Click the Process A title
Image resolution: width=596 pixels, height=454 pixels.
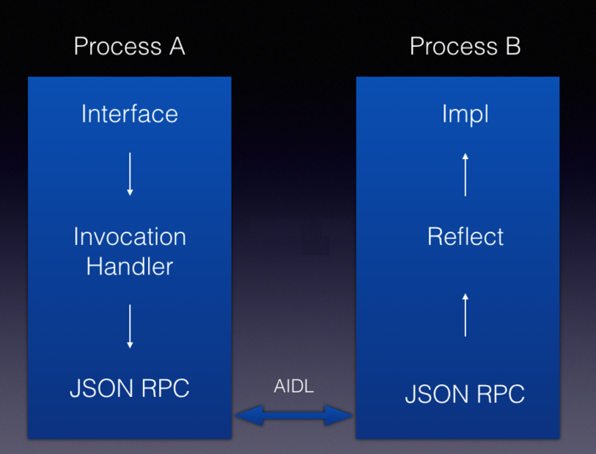129,46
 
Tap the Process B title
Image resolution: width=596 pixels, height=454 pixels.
465,46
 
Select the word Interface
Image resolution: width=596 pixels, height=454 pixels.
129,114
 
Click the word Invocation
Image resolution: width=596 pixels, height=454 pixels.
129,236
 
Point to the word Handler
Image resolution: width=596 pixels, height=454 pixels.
129,266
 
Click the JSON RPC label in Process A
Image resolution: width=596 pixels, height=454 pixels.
129,389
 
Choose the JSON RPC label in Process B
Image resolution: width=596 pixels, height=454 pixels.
465,394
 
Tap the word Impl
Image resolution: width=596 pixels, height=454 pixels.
465,114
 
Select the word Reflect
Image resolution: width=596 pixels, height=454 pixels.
465,236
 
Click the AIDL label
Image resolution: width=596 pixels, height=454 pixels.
294,387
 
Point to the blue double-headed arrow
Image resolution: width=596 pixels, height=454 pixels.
294,416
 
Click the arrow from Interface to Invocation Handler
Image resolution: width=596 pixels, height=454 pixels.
129,174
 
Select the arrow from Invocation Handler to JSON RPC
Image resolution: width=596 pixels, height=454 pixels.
129,326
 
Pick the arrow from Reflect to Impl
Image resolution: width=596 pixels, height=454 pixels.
465,174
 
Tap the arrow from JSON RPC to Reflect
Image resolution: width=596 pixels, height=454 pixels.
465,314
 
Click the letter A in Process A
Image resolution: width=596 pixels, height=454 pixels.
176,46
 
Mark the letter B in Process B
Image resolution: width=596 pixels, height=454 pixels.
513,46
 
